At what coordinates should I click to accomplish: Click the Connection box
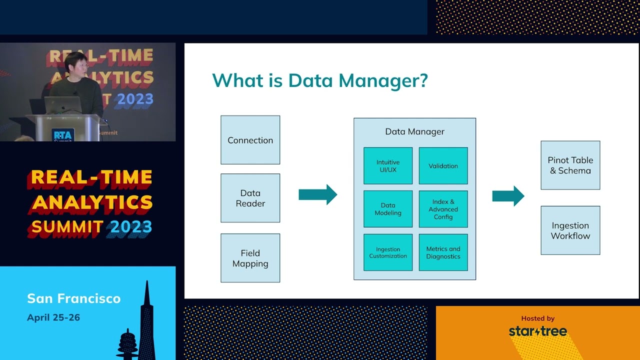click(250, 140)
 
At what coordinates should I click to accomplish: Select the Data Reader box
click(250, 198)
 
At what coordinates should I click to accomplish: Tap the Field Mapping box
click(250, 258)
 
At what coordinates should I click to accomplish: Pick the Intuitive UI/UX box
click(388, 165)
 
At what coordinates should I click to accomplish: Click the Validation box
click(443, 165)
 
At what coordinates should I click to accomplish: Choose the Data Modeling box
click(388, 209)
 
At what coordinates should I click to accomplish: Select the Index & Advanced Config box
click(443, 209)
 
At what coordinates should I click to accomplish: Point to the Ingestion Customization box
click(388, 252)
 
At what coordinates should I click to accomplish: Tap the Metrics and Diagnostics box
click(443, 252)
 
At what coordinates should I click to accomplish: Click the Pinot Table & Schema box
click(570, 165)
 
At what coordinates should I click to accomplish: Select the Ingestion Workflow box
click(570, 230)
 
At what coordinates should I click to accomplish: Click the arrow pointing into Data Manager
click(317, 194)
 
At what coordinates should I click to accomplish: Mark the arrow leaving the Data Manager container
click(508, 196)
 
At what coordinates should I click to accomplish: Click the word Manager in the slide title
click(383, 80)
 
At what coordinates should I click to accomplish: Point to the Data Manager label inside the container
click(414, 131)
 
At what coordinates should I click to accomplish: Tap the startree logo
click(537, 331)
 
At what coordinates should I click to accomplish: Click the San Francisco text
click(73, 298)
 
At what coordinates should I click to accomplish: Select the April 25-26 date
click(53, 317)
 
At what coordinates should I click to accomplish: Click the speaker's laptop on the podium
click(63, 105)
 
